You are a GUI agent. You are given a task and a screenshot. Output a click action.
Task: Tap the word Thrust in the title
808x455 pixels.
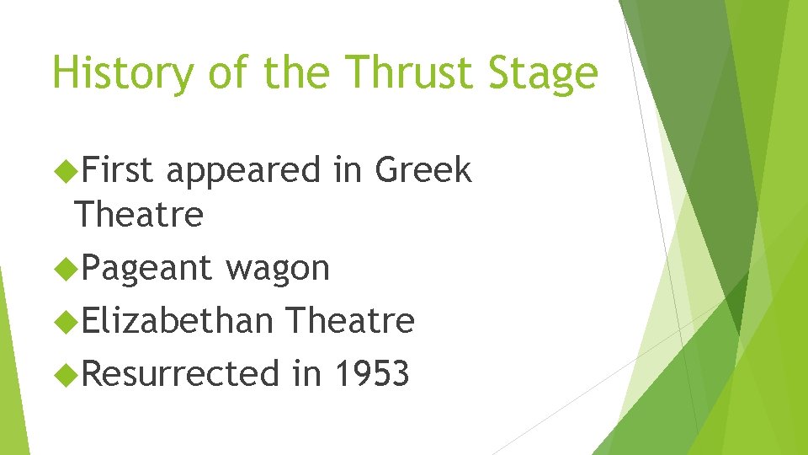pyautogui.click(x=393, y=72)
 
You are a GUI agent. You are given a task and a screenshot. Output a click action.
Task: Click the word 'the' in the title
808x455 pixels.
pyautogui.click(x=295, y=72)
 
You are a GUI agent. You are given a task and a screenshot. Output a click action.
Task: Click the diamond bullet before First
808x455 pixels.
pyautogui.click(x=63, y=171)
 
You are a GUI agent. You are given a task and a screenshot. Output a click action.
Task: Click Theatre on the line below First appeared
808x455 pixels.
pyautogui.click(x=139, y=214)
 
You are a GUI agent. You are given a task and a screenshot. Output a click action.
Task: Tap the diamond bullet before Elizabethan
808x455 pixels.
pyautogui.click(x=63, y=321)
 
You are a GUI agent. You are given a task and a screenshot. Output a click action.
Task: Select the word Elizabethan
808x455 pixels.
pyautogui.click(x=178, y=320)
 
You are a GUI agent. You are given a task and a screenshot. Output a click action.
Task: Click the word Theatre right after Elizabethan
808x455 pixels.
pyautogui.click(x=349, y=320)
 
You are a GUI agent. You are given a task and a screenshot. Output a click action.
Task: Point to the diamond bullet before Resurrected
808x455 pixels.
pyautogui.click(x=63, y=373)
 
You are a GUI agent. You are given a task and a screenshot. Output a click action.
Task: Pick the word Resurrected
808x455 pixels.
pyautogui.click(x=181, y=372)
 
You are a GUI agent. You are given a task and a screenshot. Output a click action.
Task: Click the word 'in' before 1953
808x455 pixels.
pyautogui.click(x=306, y=372)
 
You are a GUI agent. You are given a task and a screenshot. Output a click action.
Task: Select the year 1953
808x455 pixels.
pyautogui.click(x=370, y=372)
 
